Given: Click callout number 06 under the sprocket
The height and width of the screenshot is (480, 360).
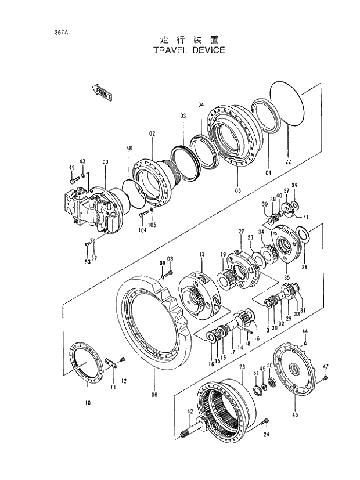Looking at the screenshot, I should (154, 395).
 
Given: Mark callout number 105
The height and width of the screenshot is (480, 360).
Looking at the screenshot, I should (152, 225).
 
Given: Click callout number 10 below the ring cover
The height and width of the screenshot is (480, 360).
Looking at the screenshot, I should (88, 402).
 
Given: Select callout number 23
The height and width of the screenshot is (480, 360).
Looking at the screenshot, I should (242, 367).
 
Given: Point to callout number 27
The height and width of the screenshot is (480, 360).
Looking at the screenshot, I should (240, 232).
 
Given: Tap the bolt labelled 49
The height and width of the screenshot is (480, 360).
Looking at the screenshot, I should (73, 182).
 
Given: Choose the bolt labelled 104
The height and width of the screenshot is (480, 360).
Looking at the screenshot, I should (142, 215).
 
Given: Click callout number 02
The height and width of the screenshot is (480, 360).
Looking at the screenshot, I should (152, 133).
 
